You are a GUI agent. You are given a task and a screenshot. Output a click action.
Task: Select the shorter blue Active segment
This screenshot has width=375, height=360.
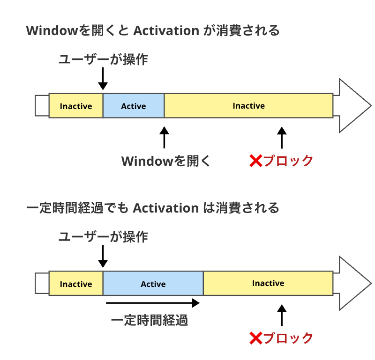coord(134,106)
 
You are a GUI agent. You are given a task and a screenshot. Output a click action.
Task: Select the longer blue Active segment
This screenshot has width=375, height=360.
coord(153,284)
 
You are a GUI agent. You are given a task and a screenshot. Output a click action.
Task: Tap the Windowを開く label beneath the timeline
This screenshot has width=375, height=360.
coord(166,161)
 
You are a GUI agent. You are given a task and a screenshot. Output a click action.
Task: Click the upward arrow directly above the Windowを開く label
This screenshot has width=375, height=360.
coord(164,138)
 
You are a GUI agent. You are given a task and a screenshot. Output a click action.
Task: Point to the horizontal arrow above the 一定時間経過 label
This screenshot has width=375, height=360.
coord(153,303)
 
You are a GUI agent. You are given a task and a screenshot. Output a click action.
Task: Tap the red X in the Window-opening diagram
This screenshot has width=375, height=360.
coord(255,161)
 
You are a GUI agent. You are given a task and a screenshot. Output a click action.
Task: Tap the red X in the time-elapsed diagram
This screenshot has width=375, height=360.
coord(255,338)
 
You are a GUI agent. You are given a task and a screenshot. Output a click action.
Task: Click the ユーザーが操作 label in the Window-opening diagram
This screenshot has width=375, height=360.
coord(103,60)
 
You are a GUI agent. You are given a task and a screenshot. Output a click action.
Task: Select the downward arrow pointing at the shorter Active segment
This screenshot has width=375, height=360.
coord(103,79)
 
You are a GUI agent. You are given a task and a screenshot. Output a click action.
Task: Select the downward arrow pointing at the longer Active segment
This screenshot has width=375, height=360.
coord(103,257)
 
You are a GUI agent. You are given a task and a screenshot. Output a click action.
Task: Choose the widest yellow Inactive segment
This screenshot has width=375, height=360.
coord(248,106)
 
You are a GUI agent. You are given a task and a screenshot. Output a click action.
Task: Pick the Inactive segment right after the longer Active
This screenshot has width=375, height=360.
coord(268,283)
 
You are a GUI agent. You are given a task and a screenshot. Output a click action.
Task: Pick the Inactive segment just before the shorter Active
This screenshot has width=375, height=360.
coord(76,106)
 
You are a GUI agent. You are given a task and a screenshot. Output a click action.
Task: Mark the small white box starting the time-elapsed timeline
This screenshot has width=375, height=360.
coord(42,284)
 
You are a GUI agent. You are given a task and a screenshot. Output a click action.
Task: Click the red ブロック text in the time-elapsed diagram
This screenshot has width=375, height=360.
coord(288,338)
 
